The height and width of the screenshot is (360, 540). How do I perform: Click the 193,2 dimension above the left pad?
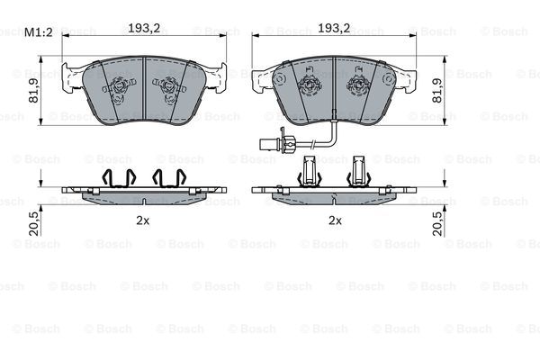145,29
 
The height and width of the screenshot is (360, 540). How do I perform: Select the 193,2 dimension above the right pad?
334,29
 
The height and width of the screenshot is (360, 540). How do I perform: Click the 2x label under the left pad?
141,220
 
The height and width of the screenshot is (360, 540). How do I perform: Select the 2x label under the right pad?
335,220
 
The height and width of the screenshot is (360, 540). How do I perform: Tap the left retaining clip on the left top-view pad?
118,87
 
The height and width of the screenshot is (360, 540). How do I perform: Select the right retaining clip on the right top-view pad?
358,87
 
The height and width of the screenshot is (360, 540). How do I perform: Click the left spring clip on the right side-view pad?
310,172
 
